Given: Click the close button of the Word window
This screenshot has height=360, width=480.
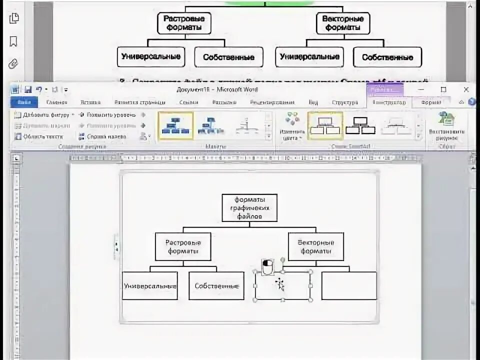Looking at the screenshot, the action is pos(466,89).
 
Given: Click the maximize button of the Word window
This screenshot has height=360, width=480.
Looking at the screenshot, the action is pos(443,89).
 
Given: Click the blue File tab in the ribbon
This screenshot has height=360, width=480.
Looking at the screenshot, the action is pos(23,102).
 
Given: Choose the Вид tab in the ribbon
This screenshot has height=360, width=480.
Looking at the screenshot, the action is pos(313,102).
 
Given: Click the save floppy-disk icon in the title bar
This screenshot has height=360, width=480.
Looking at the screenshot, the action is pos(27,90).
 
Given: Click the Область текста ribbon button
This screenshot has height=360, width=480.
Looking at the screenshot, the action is pos(42,136).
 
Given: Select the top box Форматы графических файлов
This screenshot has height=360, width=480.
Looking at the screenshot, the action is pos(249,207).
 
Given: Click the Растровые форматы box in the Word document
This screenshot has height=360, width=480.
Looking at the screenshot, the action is pos(182,246).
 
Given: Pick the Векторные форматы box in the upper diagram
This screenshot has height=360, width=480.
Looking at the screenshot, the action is pos(343,23).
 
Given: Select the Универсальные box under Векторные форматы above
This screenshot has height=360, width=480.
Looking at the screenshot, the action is pos(309,57).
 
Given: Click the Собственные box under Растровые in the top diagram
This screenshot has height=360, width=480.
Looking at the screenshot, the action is pos(228,57).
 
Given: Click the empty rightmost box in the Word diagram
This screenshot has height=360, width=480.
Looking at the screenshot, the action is pos(348,285).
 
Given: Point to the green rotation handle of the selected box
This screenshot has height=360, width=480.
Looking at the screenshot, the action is pos(283,260).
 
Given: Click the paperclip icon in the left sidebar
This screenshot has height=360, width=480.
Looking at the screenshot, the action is pos(13,63).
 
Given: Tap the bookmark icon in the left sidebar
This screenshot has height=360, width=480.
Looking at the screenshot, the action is pos(13,41).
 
